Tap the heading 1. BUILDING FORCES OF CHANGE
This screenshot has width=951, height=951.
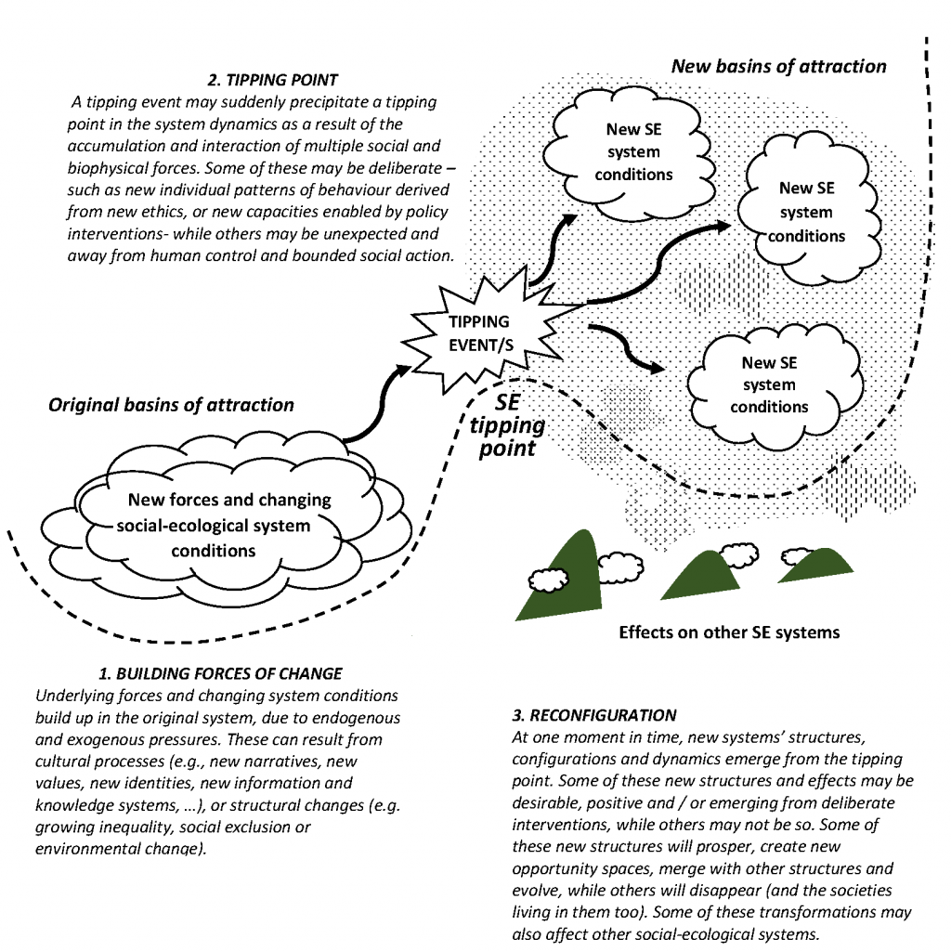pyautogui.click(x=220, y=673)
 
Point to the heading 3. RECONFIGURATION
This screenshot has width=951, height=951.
pyautogui.click(x=594, y=716)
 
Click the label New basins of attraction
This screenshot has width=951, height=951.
pyautogui.click(x=778, y=66)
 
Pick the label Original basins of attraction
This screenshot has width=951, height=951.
pyautogui.click(x=171, y=405)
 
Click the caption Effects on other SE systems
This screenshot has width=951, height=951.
pyautogui.click(x=729, y=632)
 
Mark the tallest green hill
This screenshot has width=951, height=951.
pyautogui.click(x=568, y=576)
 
